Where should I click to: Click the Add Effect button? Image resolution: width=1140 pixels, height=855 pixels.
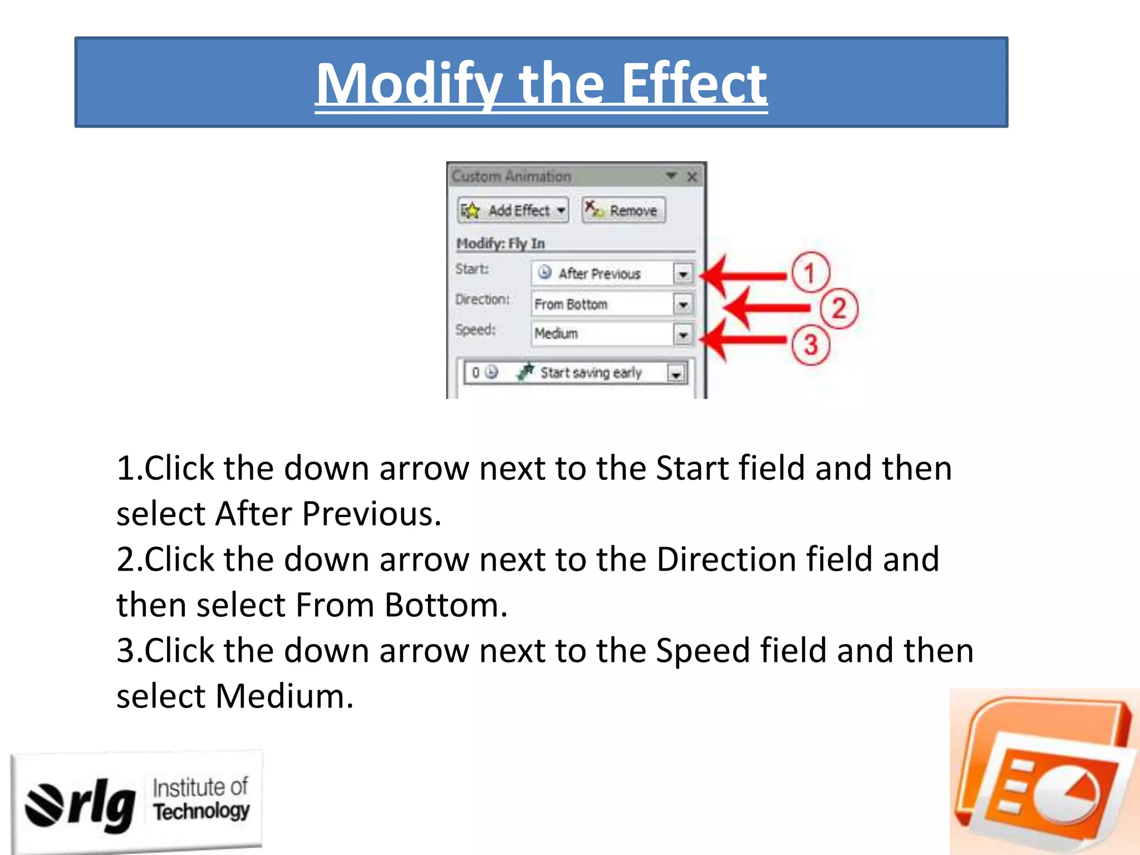[x=513, y=210]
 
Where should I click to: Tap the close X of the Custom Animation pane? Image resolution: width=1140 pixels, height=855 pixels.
[x=692, y=177]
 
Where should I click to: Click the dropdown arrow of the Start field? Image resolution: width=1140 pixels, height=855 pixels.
[x=683, y=274]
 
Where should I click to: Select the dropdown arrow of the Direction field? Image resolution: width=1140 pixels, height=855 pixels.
[x=683, y=304]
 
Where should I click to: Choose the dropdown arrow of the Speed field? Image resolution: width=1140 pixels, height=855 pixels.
[x=683, y=334]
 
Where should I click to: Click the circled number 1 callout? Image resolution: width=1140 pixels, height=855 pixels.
[x=810, y=273]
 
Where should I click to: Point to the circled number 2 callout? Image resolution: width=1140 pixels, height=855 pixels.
[x=839, y=308]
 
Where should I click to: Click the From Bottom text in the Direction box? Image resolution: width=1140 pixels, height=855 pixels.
[x=571, y=304]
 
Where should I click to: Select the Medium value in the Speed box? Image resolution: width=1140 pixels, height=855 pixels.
[x=556, y=333]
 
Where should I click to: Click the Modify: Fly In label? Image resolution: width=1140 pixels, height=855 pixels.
[x=500, y=243]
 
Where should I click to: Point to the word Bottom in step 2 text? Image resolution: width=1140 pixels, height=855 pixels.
[x=445, y=605]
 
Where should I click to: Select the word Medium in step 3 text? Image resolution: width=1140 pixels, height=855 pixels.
[x=284, y=696]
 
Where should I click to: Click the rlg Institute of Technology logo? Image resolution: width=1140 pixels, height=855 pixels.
[x=136, y=802]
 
